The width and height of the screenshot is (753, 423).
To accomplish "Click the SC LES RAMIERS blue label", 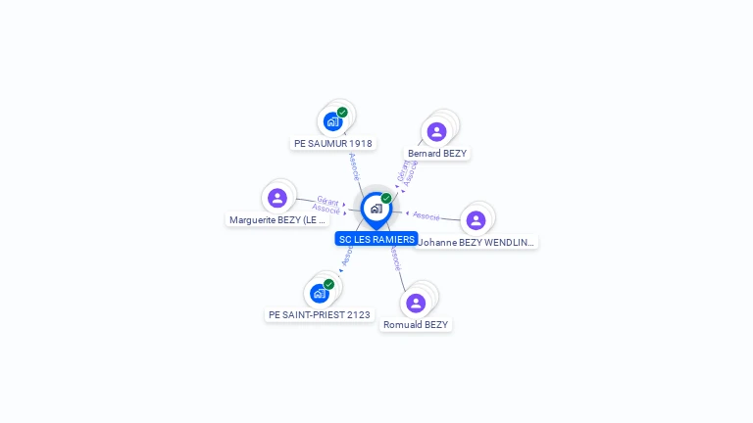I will click(376, 239).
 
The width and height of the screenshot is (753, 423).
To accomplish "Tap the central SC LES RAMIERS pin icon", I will click(376, 209).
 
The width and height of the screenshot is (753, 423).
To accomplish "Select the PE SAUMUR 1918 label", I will click(333, 143).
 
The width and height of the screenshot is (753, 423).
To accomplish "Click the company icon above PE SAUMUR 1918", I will click(332, 122).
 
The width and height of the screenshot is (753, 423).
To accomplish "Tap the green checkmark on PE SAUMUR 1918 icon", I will click(342, 112).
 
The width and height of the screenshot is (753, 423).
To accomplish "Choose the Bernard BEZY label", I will click(437, 153).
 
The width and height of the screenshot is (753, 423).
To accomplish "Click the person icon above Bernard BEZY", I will click(436, 131).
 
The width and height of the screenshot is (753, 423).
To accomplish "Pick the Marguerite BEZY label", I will click(277, 220).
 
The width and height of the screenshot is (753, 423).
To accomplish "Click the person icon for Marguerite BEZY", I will click(277, 198).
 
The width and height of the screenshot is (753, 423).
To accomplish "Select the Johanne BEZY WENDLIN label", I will click(477, 242).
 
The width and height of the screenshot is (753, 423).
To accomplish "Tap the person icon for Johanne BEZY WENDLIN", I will click(476, 220).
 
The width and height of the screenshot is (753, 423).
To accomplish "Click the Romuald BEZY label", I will click(416, 324).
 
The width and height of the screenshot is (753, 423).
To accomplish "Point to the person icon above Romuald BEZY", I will click(416, 303).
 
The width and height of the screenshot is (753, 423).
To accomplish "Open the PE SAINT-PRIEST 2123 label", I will click(320, 314).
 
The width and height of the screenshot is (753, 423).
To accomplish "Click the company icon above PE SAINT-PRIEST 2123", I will click(319, 294).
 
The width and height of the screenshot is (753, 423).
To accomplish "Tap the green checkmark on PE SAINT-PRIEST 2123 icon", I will click(328, 284).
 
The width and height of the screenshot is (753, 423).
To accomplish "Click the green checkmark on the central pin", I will click(386, 198).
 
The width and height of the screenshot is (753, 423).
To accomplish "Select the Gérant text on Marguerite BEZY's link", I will click(327, 200).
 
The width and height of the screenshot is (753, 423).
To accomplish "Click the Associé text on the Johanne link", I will click(426, 215).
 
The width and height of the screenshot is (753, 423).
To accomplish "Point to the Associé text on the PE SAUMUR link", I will click(354, 167).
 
